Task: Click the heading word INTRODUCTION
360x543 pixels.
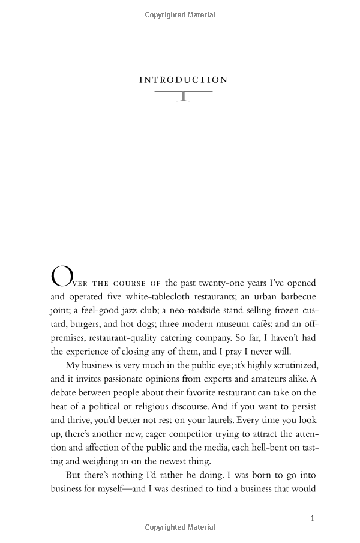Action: click(x=183, y=80)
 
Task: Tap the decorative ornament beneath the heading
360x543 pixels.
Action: click(x=183, y=95)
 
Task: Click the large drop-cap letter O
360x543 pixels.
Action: click(x=61, y=277)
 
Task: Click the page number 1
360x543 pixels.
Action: click(x=313, y=518)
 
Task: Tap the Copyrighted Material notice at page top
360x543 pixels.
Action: click(x=180, y=15)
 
